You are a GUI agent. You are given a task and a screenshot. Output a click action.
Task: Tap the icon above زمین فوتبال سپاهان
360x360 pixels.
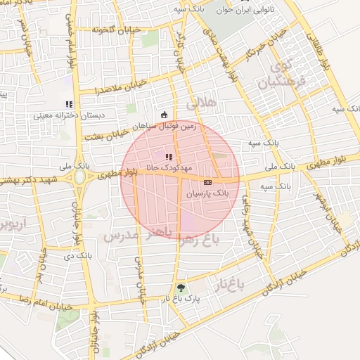(x=165, y=115)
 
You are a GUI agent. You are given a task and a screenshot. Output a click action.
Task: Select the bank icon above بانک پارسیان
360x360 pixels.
(x=207, y=182)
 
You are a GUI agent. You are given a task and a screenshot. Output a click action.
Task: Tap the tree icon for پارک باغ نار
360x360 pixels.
(x=181, y=288)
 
